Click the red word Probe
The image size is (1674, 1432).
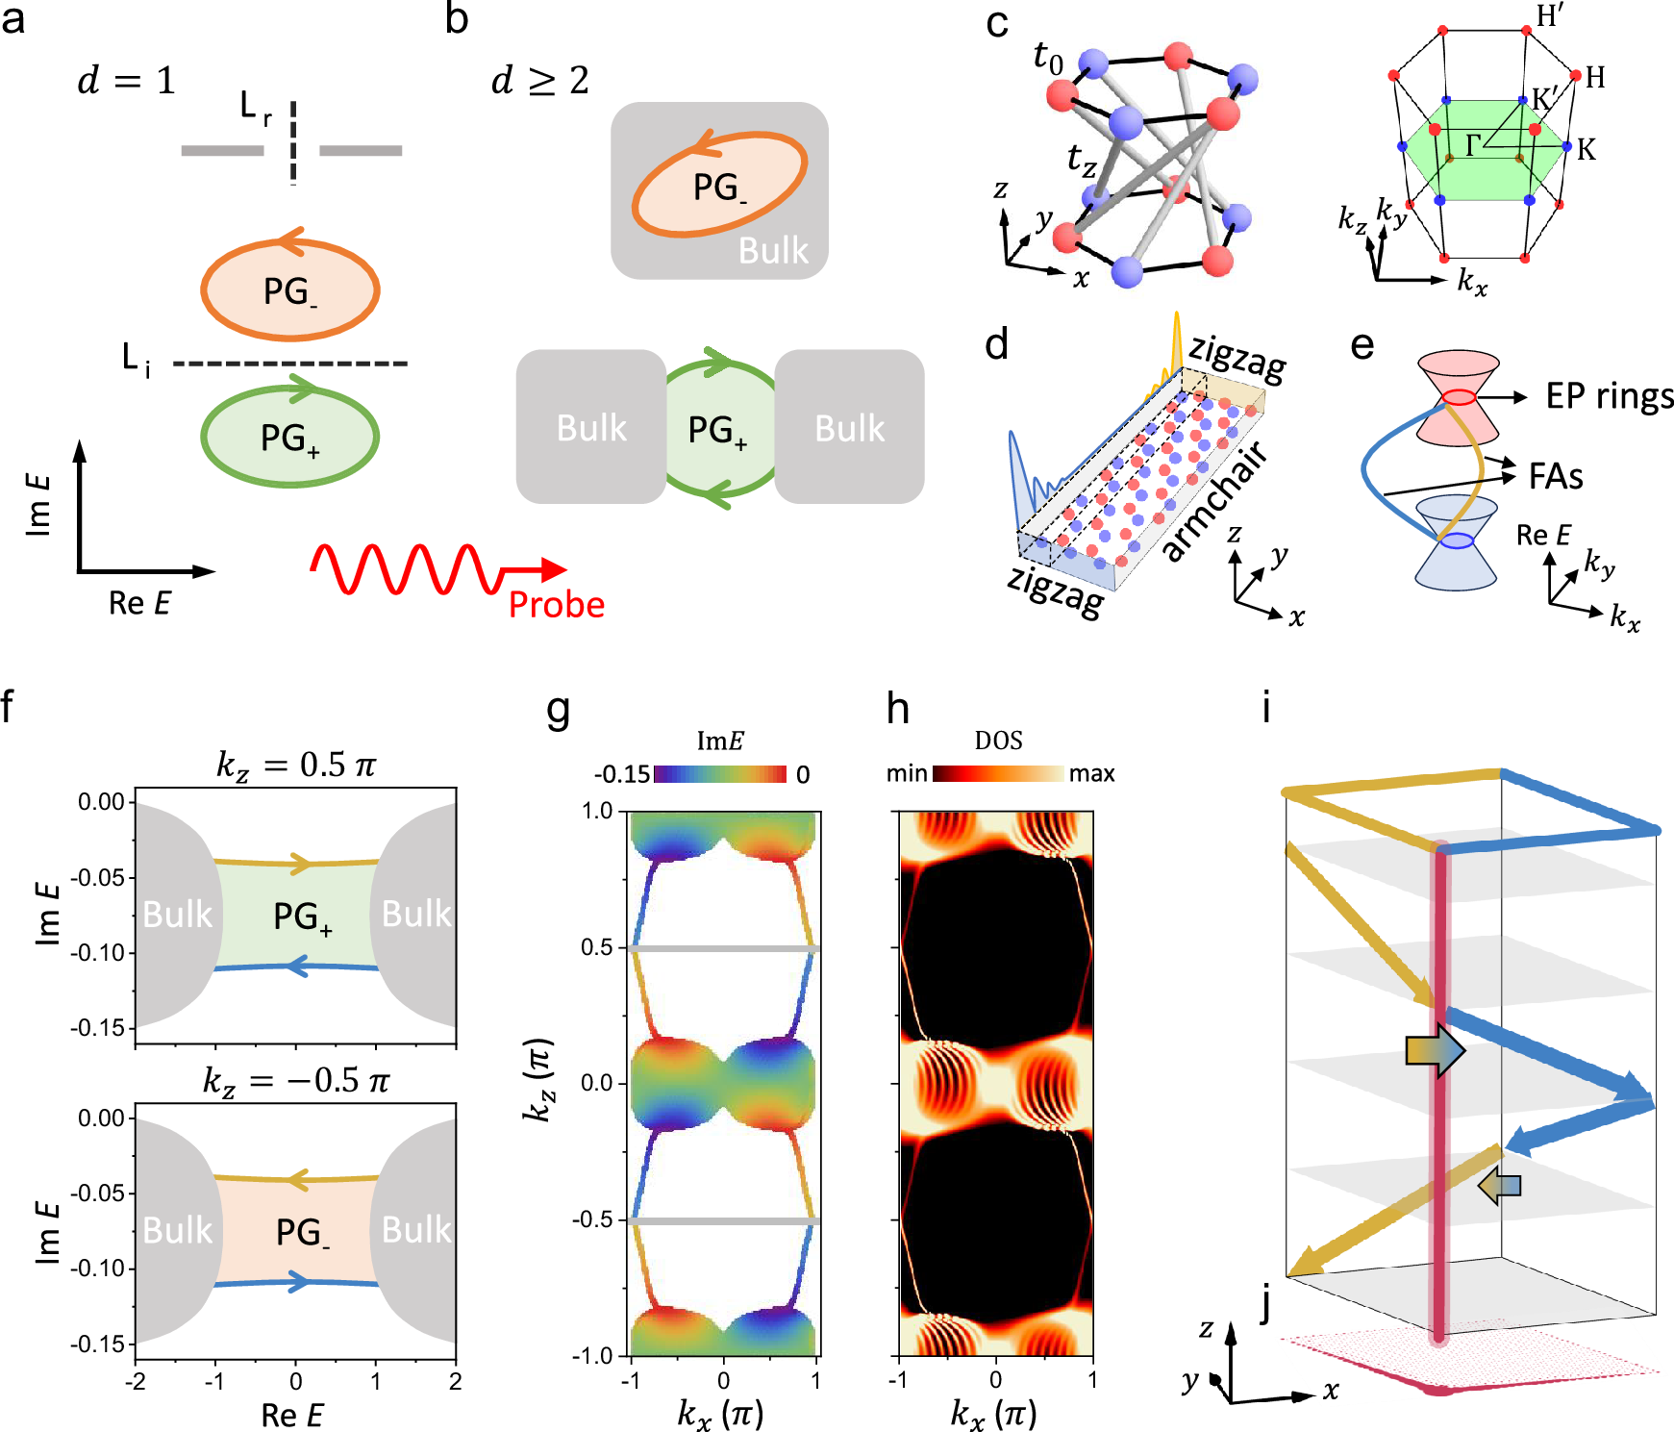tap(556, 604)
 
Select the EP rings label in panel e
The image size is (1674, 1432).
tap(1610, 396)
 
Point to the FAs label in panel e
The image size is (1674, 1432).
tap(1556, 476)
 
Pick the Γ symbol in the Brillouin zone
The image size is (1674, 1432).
tap(1473, 145)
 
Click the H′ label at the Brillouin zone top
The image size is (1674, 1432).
tap(1549, 16)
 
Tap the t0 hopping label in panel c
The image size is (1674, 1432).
tap(1048, 58)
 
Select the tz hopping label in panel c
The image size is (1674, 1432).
tap(1082, 159)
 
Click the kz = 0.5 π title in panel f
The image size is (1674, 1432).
tap(295, 766)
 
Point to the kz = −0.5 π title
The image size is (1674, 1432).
tap(295, 1081)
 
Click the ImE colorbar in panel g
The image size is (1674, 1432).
tap(719, 774)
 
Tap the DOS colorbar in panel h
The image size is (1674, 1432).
tap(998, 774)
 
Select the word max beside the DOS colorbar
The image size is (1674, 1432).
tap(1091, 774)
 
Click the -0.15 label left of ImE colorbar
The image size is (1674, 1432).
tap(622, 775)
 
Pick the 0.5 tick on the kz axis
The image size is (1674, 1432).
tap(596, 947)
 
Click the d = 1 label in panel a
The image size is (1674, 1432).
tap(127, 81)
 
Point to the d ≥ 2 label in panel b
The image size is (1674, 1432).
tap(540, 81)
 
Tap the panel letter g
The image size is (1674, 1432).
tap(558, 710)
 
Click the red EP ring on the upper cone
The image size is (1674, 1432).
tap(1458, 396)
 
